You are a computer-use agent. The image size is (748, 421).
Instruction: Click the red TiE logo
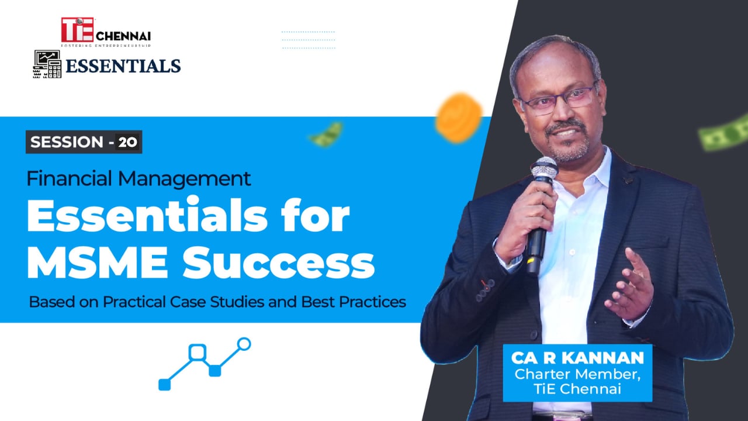click(x=78, y=30)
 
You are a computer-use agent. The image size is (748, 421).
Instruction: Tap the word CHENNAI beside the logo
click(x=123, y=36)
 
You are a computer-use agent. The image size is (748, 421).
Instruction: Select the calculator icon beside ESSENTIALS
click(x=47, y=64)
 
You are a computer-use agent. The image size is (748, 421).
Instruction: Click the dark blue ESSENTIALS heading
click(x=123, y=66)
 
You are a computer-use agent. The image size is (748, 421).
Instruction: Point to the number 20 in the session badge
click(x=127, y=142)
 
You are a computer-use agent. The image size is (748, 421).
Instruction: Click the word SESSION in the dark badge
click(x=67, y=142)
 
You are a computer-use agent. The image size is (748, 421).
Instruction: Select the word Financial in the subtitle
click(x=69, y=178)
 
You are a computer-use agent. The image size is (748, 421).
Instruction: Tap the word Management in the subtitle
click(x=184, y=180)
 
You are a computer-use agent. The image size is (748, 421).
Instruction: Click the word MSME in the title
click(x=97, y=262)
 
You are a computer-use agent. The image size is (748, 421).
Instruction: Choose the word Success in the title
click(x=279, y=263)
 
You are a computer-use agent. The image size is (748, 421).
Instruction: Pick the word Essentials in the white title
click(x=147, y=215)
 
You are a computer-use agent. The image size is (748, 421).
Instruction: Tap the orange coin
click(x=459, y=117)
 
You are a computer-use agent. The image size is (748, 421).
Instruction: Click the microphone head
click(x=544, y=169)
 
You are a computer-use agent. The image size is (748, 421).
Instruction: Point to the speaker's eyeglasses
click(x=558, y=99)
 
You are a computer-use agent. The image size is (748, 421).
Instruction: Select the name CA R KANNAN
click(x=577, y=358)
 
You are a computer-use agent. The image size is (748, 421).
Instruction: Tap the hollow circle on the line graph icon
click(x=244, y=344)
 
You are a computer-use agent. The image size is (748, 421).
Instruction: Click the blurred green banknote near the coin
click(x=326, y=134)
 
